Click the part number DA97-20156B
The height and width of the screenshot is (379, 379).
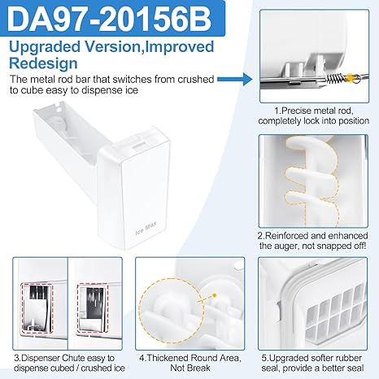click(x=109, y=19)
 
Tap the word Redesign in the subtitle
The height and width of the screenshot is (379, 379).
click(x=43, y=63)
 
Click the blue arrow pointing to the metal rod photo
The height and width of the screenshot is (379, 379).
click(x=235, y=79)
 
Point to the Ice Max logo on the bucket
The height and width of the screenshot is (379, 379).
click(x=146, y=229)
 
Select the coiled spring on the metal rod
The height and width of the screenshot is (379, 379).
click(x=334, y=79)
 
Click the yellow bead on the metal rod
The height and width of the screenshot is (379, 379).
click(x=351, y=77)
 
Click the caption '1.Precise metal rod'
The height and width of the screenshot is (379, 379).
click(x=313, y=111)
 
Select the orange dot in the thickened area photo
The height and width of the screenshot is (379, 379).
click(x=215, y=295)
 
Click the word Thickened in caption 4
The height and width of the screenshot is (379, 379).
click(x=168, y=358)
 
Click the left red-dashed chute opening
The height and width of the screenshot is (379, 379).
click(x=37, y=308)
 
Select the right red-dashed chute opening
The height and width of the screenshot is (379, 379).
click(x=93, y=308)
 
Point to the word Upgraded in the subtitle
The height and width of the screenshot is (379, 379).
click(x=45, y=46)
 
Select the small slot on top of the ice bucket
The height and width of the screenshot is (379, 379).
click(x=139, y=144)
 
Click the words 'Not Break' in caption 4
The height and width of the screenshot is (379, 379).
click(x=190, y=368)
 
